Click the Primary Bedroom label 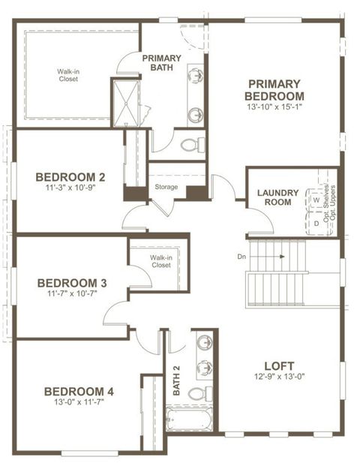pyautogui.click(x=274, y=89)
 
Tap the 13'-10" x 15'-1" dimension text pyautogui.click(x=274, y=107)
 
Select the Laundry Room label pyautogui.click(x=278, y=197)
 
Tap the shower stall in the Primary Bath pyautogui.click(x=125, y=101)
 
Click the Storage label pyautogui.click(x=166, y=186)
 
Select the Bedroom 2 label pyautogui.click(x=70, y=177)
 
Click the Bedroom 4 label pyautogui.click(x=79, y=391)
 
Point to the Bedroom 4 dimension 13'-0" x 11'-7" pyautogui.click(x=79, y=402)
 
